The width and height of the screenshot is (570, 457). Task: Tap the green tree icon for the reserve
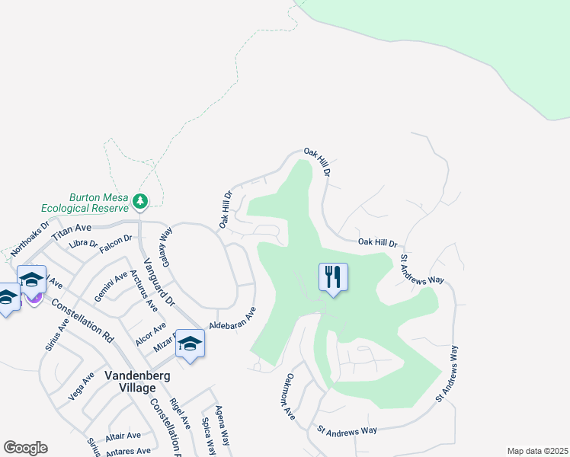[x=139, y=201]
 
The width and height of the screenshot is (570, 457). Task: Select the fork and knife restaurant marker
[x=332, y=276]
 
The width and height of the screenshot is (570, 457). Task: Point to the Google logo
[x=25, y=447]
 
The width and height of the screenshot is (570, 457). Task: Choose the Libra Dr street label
[x=84, y=244]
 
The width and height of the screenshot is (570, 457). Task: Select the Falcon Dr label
[x=117, y=238]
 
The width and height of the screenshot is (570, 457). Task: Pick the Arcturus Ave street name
[x=143, y=291]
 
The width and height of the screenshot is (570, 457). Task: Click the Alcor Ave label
[x=150, y=334]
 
